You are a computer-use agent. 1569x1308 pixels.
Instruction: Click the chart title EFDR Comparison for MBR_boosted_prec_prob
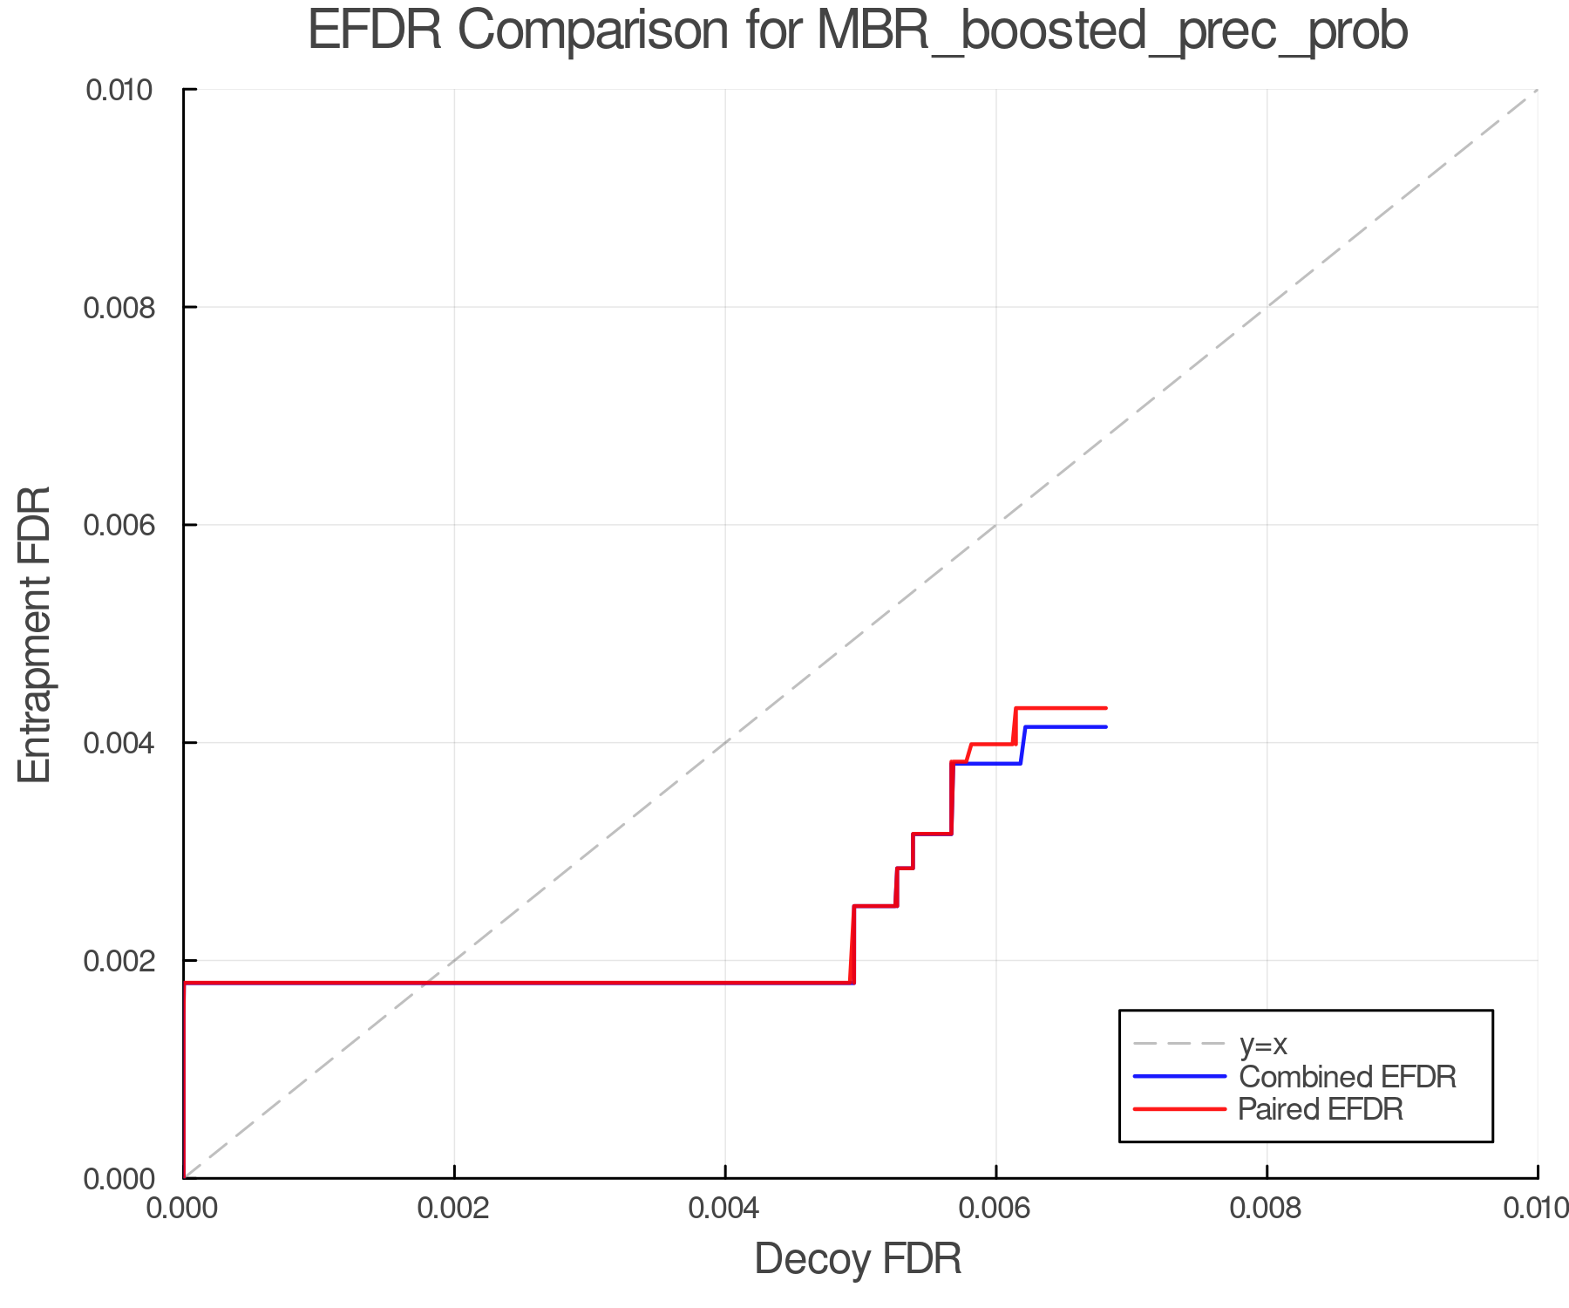point(858,31)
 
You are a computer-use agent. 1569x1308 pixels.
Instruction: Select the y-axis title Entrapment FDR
point(35,634)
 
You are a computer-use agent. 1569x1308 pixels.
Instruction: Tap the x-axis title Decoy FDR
point(858,1259)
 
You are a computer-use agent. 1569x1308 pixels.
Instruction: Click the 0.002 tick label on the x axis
point(454,1209)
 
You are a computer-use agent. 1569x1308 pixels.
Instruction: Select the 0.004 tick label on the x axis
point(725,1209)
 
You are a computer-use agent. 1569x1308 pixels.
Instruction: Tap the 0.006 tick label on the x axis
point(995,1209)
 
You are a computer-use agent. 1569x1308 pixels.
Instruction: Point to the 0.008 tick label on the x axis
point(1267,1209)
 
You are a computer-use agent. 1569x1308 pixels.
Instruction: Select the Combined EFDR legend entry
point(1347,1077)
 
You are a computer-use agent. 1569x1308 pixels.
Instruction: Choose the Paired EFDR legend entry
point(1321,1109)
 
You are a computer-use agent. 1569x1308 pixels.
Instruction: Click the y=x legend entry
point(1263,1044)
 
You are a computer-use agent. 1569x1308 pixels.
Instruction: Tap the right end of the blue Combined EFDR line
point(1105,727)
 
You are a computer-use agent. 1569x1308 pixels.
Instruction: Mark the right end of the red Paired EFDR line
point(1105,708)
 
